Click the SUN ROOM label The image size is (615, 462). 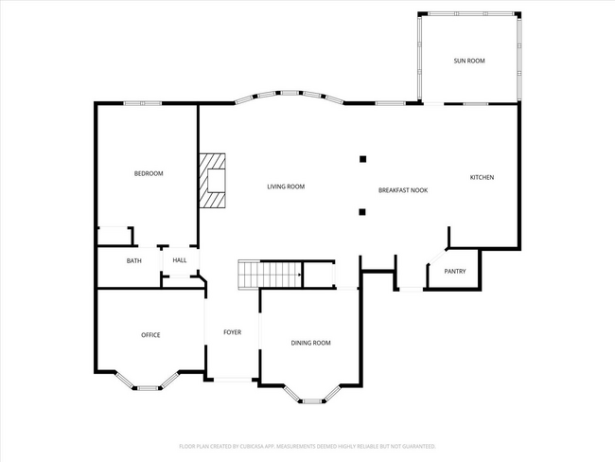pyautogui.click(x=468, y=61)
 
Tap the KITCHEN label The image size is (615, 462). pyautogui.click(x=482, y=177)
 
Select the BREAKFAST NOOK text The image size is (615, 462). pyautogui.click(x=403, y=190)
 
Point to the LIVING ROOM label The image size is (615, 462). pyautogui.click(x=285, y=187)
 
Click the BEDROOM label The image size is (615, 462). pyautogui.click(x=149, y=173)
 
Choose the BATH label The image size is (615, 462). pyautogui.click(x=134, y=260)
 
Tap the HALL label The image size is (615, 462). pyautogui.click(x=180, y=260)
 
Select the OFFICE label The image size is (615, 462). pyautogui.click(x=150, y=335)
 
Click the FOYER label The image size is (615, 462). pyautogui.click(x=232, y=332)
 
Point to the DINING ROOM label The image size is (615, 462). pyautogui.click(x=310, y=343)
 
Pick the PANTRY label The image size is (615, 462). pyautogui.click(x=455, y=271)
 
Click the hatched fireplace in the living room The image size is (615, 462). pyautogui.click(x=213, y=180)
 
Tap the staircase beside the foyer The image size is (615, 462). pyautogui.click(x=269, y=275)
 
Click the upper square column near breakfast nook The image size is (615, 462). pyautogui.click(x=361, y=159)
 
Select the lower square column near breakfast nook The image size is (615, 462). pyautogui.click(x=361, y=212)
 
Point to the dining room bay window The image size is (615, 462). pyautogui.click(x=311, y=398)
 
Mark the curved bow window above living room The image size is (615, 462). pyautogui.click(x=289, y=95)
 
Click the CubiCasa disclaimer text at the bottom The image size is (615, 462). pyautogui.click(x=307, y=445)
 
